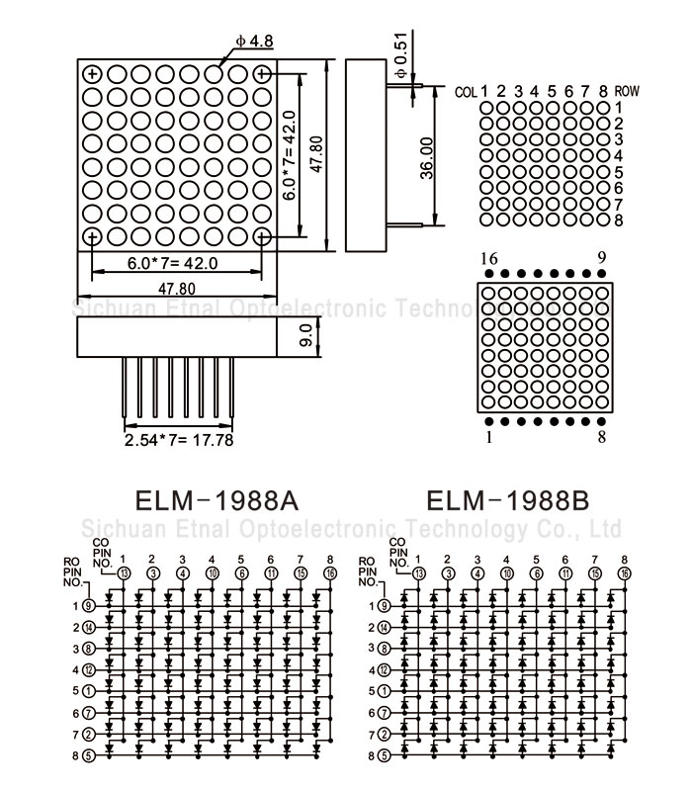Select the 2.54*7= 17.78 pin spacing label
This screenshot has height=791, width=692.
(x=179, y=440)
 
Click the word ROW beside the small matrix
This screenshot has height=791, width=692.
(x=627, y=91)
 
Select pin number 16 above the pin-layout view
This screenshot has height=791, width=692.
(x=488, y=259)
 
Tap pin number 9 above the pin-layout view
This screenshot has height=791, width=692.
(x=602, y=259)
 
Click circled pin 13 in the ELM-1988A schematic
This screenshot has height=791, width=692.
(x=125, y=572)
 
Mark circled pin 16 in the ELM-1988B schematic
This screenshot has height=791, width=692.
(x=625, y=572)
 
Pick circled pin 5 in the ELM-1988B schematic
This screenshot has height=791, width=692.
(x=385, y=756)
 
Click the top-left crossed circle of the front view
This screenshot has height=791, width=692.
(x=92, y=73)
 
